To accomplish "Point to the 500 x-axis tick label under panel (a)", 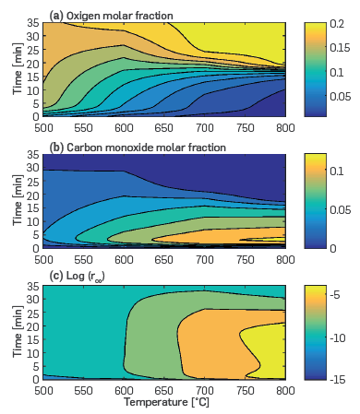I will (x=43, y=124).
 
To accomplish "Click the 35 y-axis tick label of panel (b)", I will (x=32, y=156).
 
